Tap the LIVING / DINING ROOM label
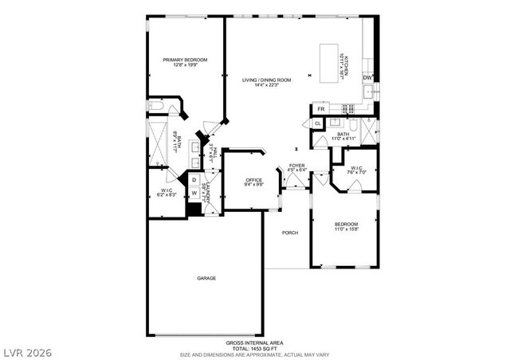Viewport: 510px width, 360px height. [x=267, y=80]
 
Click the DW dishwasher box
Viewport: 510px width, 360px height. [x=367, y=77]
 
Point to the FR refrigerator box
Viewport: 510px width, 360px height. [x=321, y=108]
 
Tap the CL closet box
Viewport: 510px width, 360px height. [x=317, y=123]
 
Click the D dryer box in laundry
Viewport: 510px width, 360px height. [x=194, y=181]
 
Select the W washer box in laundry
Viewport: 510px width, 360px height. [x=194, y=194]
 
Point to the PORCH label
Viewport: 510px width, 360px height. [x=290, y=233]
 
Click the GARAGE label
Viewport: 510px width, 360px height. [x=207, y=278]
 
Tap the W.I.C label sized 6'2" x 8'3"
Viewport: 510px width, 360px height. [x=167, y=191]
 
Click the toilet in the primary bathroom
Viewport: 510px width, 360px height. [x=157, y=106]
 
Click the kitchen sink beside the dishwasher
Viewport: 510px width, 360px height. [x=367, y=93]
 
